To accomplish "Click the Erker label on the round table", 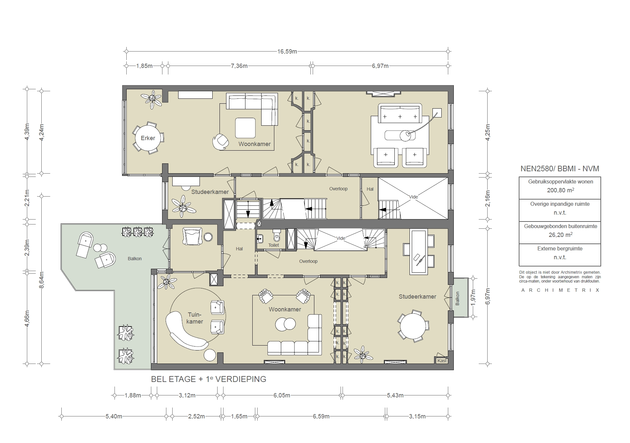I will [x=148, y=138].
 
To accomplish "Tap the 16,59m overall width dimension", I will [x=287, y=52].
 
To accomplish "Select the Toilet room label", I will [x=273, y=245].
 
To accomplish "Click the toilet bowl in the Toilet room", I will [x=277, y=236].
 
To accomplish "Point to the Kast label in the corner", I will [x=442, y=361].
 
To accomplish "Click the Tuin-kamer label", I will [x=195, y=318].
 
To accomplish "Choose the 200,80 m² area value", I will [x=560, y=190].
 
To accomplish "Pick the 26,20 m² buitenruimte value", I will [x=560, y=235].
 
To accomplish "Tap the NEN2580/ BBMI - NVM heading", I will [x=560, y=169].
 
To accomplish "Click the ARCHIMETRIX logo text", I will [x=560, y=290].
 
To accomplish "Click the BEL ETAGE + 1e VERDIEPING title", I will [x=208, y=379].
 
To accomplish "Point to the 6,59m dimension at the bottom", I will [x=321, y=416].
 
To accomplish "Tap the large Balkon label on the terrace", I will [x=135, y=259].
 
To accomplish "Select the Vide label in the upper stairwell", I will [x=413, y=197].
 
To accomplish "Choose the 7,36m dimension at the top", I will [x=239, y=66].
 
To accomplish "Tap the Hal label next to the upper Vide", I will [x=370, y=189].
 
